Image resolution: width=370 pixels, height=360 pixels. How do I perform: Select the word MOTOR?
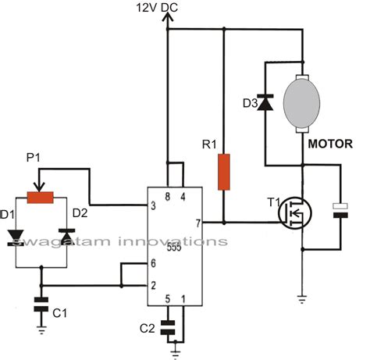(x=328, y=144)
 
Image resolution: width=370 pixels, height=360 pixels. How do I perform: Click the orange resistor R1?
(x=224, y=172)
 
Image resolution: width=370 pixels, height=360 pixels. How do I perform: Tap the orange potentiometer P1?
(x=40, y=198)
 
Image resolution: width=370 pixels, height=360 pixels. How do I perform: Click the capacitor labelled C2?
(x=167, y=326)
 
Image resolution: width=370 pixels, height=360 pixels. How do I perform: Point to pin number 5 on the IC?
(x=167, y=298)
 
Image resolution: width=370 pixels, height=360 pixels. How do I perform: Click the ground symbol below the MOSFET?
(x=301, y=298)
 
